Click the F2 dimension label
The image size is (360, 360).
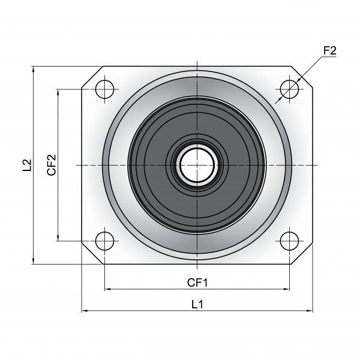click(329, 51)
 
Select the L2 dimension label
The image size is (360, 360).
click(27, 165)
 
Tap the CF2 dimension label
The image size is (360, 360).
click(52, 165)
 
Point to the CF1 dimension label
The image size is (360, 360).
click(197, 283)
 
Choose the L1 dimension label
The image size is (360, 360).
click(197, 305)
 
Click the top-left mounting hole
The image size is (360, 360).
click(104, 89)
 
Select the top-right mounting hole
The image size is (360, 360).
click(290, 89)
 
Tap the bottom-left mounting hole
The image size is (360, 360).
click(104, 241)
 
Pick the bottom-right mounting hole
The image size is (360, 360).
click(290, 241)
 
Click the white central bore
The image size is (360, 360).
click(197, 165)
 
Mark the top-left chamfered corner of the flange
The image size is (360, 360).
click(92, 77)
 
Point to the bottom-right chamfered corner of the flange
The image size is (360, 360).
click(302, 254)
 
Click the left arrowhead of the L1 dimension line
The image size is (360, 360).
click(85, 311)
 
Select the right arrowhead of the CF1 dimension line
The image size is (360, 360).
click(287, 289)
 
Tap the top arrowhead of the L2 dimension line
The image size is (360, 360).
click(34, 70)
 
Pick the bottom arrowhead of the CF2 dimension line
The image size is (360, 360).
click(58, 238)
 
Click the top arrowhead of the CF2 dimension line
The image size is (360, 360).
click(58, 92)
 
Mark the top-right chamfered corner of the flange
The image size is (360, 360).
click(302, 77)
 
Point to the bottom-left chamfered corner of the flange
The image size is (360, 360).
click(92, 253)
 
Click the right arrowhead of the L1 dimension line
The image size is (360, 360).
click(310, 311)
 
